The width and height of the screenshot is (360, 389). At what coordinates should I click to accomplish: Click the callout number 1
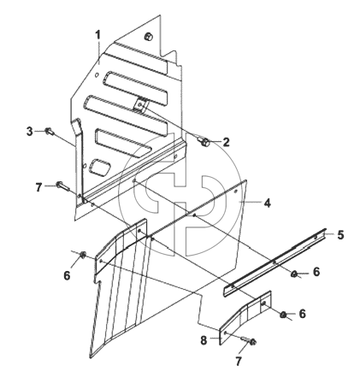point(97,35)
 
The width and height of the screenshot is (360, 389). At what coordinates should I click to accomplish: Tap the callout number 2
point(226,142)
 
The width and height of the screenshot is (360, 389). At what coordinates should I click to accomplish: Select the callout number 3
point(30,132)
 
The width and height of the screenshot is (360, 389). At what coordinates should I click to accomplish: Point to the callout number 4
point(267,203)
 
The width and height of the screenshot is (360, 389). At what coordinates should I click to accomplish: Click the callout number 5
point(340,235)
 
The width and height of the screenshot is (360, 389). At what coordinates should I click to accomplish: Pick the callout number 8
point(204,340)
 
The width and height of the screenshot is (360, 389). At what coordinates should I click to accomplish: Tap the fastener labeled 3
point(50,132)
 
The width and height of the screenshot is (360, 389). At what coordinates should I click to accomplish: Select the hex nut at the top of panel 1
point(149,37)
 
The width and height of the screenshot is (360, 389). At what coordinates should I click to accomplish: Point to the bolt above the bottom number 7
point(248,340)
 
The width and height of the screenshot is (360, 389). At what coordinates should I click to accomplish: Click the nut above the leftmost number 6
point(83,255)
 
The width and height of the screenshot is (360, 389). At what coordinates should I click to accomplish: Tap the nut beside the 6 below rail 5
point(294,274)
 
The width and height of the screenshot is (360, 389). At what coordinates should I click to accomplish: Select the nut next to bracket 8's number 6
point(283,315)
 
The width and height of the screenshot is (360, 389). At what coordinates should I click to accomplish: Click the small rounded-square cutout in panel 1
point(99,167)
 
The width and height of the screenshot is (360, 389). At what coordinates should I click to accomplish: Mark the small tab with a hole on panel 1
point(140,105)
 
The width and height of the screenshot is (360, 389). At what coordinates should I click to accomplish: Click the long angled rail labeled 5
point(274,262)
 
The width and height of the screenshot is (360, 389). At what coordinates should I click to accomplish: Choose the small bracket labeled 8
point(245,318)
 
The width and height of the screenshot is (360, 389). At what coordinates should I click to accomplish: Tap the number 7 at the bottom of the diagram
point(239,362)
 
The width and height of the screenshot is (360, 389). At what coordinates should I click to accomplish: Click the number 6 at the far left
point(67,275)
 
